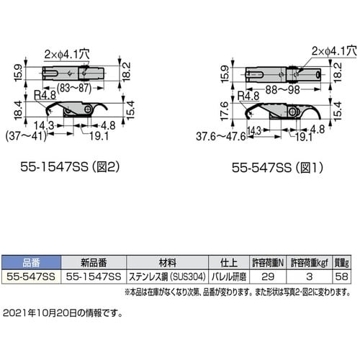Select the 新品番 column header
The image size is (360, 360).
click(x=92, y=263)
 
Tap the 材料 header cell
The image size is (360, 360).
click(x=166, y=263)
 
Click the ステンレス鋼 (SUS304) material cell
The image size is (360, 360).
click(x=166, y=275)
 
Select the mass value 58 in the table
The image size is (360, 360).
click(x=342, y=275)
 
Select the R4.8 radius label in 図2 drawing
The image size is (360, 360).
click(x=42, y=94)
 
